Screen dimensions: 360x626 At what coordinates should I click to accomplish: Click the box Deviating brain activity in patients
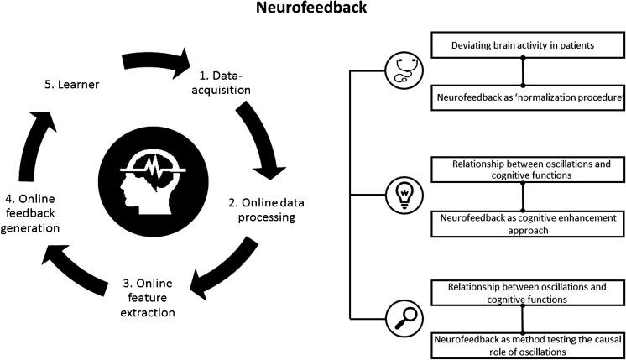523,45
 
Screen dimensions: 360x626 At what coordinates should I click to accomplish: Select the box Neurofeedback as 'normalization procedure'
523,98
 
